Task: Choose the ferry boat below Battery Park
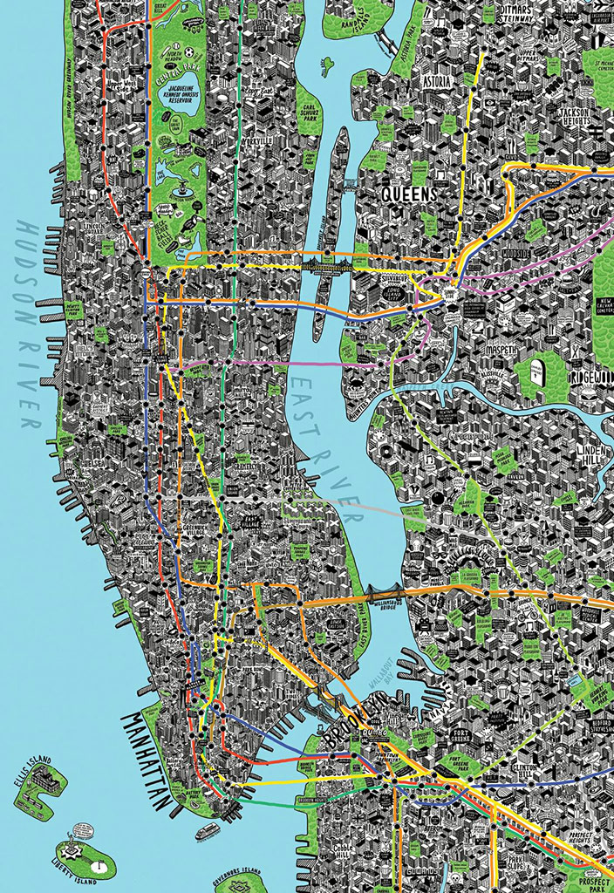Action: (207, 831)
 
